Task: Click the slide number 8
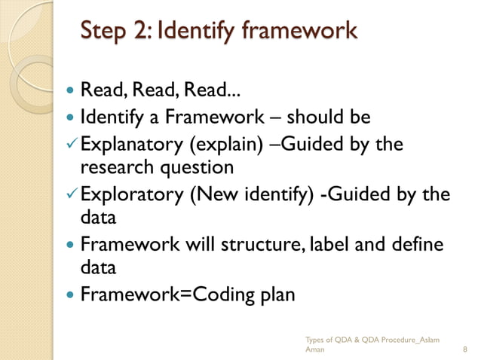pyautogui.click(x=465, y=350)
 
